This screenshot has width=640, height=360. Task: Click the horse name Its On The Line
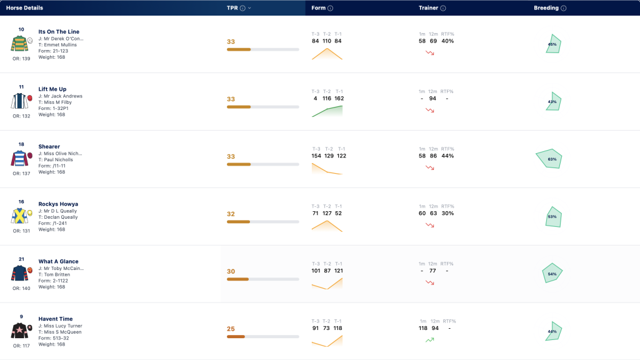click(x=59, y=31)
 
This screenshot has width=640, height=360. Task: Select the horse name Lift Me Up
click(x=52, y=89)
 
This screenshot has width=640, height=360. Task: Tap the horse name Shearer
click(x=49, y=146)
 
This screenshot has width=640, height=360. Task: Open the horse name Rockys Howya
click(x=58, y=204)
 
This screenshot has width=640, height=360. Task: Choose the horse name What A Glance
click(x=58, y=261)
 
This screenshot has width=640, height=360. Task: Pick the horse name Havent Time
click(x=56, y=319)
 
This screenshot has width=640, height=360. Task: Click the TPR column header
click(x=232, y=7)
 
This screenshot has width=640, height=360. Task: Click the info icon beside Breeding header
click(x=563, y=8)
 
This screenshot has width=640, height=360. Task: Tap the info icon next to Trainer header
click(x=443, y=8)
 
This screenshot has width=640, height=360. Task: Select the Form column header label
click(x=318, y=7)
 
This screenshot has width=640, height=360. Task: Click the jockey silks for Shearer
click(x=19, y=158)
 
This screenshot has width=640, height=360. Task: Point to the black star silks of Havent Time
click(x=19, y=331)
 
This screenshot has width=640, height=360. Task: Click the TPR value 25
click(x=231, y=329)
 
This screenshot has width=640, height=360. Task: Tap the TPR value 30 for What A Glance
click(x=231, y=271)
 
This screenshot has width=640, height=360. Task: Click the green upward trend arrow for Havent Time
click(x=429, y=339)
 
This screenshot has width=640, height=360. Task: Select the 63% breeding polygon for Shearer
click(x=549, y=159)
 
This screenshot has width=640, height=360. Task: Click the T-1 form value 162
click(x=339, y=98)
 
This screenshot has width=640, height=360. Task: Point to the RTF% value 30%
click(x=447, y=213)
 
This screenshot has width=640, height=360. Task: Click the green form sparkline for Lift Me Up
click(x=327, y=111)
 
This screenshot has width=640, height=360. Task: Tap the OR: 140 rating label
click(x=21, y=288)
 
